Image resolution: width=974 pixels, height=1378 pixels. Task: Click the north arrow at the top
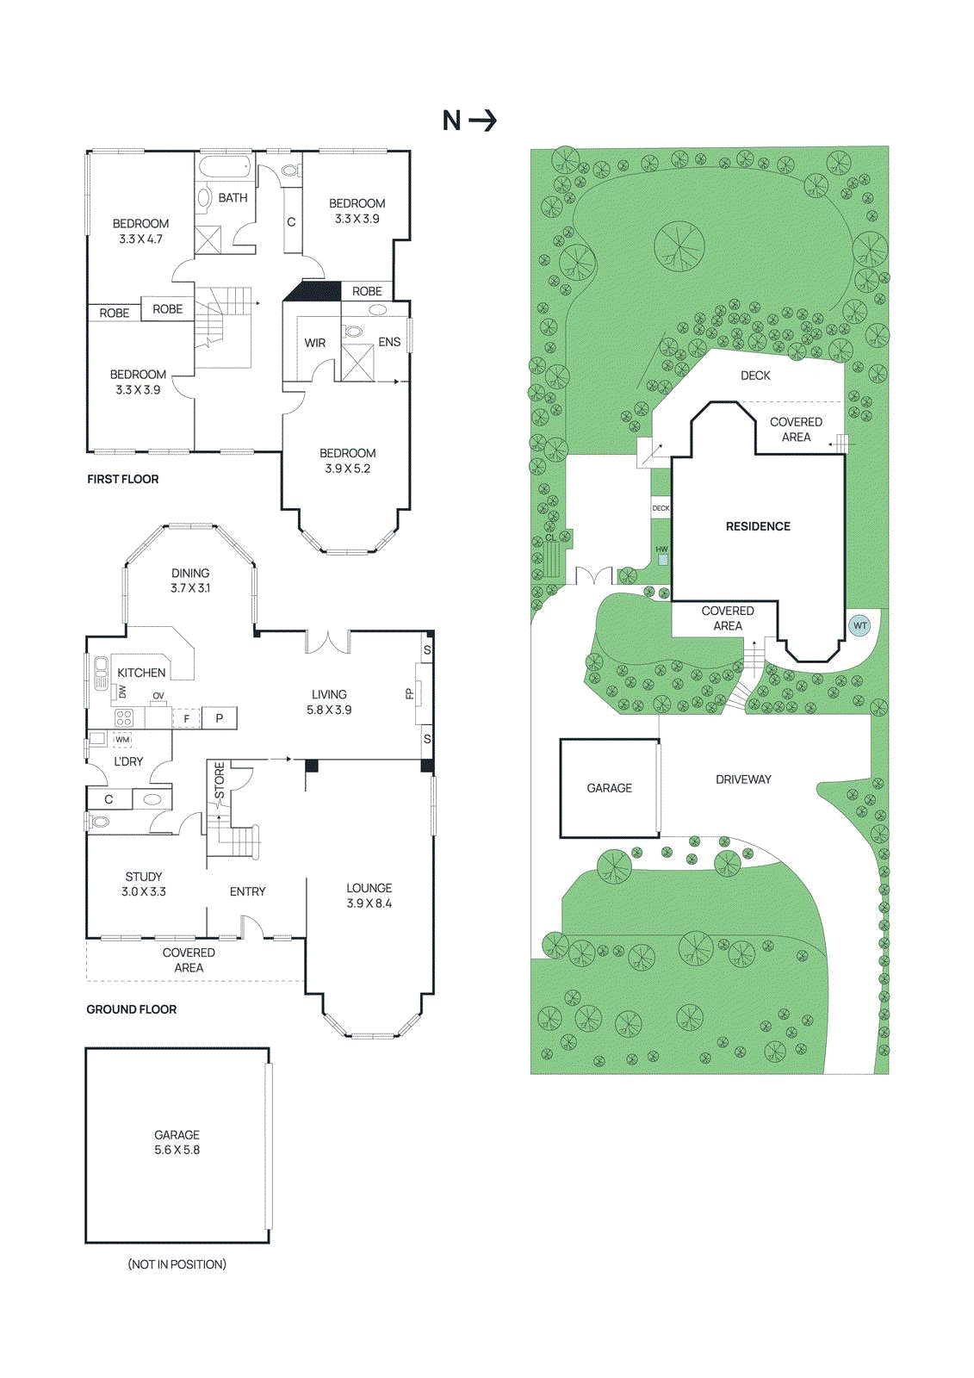click(x=469, y=120)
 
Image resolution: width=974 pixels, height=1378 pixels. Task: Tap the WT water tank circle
click(x=859, y=626)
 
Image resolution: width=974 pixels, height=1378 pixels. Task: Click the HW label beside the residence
click(x=661, y=549)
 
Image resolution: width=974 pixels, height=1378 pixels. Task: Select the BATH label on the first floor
click(x=233, y=198)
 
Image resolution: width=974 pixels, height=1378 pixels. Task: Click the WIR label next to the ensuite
click(x=315, y=343)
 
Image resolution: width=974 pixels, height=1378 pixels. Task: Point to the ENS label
click(x=389, y=342)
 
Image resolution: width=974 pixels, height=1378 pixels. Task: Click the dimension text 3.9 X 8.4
click(x=369, y=903)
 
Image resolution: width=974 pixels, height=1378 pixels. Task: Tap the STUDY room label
click(x=143, y=877)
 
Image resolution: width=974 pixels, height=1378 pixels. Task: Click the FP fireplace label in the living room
click(x=410, y=693)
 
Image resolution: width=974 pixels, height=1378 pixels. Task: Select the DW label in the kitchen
click(x=122, y=692)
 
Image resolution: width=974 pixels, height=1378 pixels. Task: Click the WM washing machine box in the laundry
click(x=122, y=740)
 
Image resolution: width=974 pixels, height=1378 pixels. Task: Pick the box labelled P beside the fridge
click(x=220, y=717)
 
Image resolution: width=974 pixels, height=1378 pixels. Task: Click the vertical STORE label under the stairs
click(x=220, y=780)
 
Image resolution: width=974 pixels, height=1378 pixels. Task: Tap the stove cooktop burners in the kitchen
click(x=124, y=717)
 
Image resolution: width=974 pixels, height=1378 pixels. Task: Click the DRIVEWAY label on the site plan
click(x=743, y=779)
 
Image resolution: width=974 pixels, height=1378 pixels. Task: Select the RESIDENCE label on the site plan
click(x=758, y=526)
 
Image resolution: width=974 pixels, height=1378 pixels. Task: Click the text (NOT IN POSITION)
click(x=177, y=1264)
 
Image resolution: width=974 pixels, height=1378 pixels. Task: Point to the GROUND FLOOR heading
click(x=131, y=1009)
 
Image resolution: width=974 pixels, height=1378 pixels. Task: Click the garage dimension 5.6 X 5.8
click(x=177, y=1150)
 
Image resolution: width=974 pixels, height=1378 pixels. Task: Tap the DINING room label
click(x=190, y=573)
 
